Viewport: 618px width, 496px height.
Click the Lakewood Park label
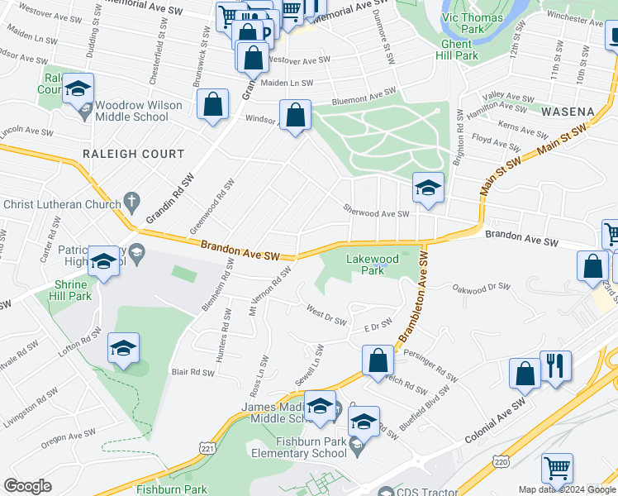point(373,265)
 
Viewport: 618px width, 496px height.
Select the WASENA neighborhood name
point(568,111)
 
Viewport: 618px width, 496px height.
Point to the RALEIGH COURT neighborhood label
point(133,154)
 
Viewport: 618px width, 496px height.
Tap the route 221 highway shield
point(203,446)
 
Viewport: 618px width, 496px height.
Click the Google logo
point(27,486)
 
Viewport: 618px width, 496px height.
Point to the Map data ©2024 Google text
point(567,489)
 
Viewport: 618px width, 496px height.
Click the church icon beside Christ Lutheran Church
point(131,201)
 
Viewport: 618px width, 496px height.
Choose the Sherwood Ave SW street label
point(377,213)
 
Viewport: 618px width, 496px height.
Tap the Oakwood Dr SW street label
point(482,288)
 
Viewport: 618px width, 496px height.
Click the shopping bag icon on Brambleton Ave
point(378,360)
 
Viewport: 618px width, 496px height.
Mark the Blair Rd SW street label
point(192,372)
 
